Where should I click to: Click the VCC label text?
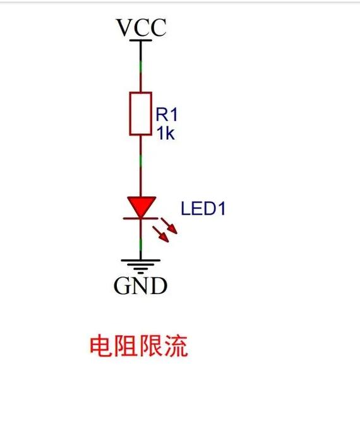coord(141,28)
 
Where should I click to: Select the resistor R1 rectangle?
coord(140,113)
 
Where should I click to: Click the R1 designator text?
coord(167,115)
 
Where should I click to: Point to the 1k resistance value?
coord(165,133)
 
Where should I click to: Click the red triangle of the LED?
coord(140,206)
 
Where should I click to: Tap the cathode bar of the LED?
coord(140,218)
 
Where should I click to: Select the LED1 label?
coord(203,208)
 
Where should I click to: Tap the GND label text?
coord(140,287)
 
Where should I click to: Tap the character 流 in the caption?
coord(176,347)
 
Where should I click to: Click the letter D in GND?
coord(159,287)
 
